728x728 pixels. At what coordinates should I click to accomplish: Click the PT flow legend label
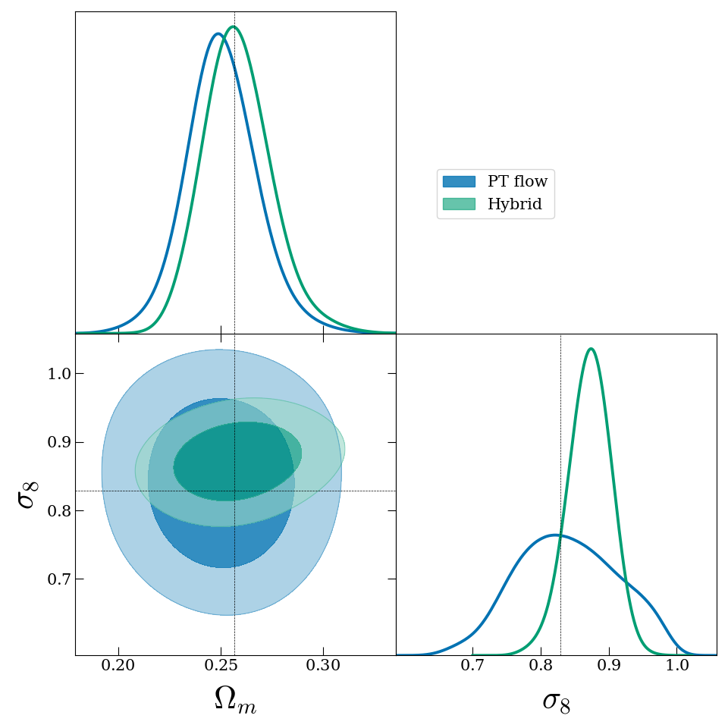[517, 182]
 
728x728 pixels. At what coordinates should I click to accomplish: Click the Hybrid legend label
[509, 204]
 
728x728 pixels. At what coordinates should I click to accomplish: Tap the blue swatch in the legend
[459, 182]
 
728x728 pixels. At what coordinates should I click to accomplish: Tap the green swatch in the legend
[459, 204]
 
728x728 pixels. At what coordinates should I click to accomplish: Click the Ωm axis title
[235, 700]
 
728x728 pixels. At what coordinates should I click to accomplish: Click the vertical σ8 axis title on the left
[27, 494]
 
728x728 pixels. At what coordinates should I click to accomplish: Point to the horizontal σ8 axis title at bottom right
[556, 701]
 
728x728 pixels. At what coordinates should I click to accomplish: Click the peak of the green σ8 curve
[590, 349]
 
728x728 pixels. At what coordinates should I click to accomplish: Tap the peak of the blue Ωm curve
[218, 33]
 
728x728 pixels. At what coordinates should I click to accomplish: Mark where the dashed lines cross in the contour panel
[234, 491]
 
